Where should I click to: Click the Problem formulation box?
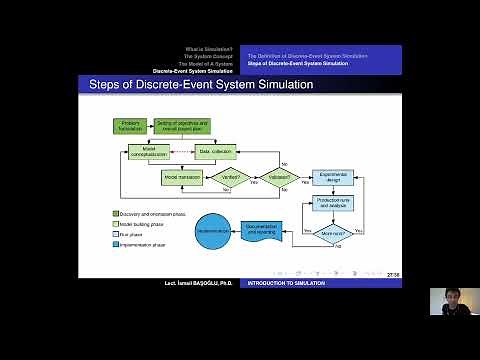pyautogui.click(x=130, y=126)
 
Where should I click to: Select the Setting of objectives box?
pyautogui.click(x=182, y=126)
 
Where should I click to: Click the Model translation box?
pyautogui.click(x=183, y=177)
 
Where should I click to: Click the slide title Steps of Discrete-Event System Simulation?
pyautogui.click(x=202, y=85)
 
